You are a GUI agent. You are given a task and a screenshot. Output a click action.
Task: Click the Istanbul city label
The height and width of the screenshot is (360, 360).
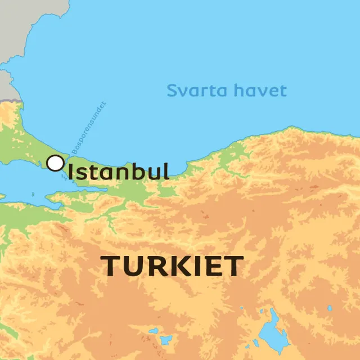pyautogui.click(x=118, y=171)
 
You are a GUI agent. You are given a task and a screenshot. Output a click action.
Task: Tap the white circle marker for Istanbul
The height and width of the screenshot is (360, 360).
pyautogui.click(x=55, y=163)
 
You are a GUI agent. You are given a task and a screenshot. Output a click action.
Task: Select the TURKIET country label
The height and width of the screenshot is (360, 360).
pyautogui.click(x=173, y=266)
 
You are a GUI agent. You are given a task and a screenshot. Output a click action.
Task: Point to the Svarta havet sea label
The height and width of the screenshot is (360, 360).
pyautogui.click(x=227, y=91)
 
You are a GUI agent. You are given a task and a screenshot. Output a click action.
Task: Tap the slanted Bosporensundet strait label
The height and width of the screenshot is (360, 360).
pyautogui.click(x=87, y=128)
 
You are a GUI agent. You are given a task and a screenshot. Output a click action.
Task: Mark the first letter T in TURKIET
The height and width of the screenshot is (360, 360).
pyautogui.click(x=111, y=266)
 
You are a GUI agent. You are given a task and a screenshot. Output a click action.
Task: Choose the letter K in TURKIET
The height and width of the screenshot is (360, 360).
pyautogui.click(x=175, y=266)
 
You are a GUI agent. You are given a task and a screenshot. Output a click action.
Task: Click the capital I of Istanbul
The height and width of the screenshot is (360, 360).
pyautogui.click(x=71, y=171)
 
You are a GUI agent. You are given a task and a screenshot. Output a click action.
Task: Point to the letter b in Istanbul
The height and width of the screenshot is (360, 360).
pyautogui.click(x=139, y=171)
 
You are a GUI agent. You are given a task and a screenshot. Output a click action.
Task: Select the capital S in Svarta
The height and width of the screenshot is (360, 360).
pyautogui.click(x=172, y=91)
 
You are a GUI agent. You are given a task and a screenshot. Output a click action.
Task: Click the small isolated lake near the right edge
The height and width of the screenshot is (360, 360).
pyautogui.click(x=330, y=308)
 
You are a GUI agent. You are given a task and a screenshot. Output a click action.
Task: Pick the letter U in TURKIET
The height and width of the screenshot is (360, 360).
pyautogui.click(x=132, y=266)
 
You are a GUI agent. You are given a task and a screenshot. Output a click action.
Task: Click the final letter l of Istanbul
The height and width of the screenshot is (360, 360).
pyautogui.click(x=166, y=171)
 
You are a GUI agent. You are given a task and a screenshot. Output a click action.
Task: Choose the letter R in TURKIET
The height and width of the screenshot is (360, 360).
pyautogui.click(x=154, y=266)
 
